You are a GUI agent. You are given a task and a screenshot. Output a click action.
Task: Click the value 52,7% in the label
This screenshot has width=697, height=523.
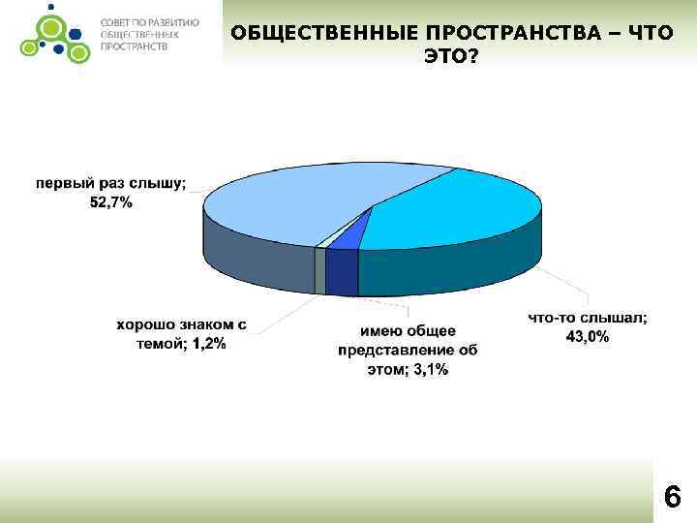112,201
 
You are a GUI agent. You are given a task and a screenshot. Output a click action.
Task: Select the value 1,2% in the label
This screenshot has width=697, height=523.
208,344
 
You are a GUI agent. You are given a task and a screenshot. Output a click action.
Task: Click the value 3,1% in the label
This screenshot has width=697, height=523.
427,370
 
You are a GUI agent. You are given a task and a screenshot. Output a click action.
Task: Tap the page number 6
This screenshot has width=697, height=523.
672,498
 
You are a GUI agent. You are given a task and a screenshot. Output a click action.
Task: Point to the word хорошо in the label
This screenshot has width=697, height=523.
148,325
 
